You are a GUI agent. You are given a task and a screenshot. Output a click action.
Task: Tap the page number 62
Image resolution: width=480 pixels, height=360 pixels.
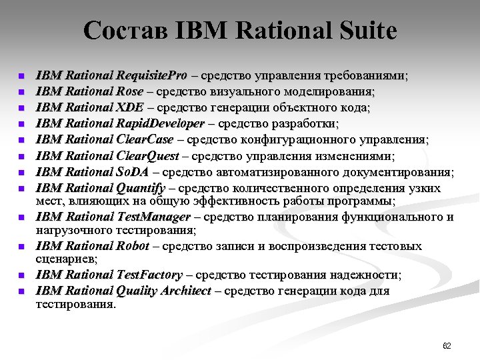tap(447, 346)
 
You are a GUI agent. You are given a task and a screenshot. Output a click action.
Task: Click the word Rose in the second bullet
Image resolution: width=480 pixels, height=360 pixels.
tap(129, 91)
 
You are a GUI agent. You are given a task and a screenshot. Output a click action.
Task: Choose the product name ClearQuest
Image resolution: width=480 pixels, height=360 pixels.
tap(147, 156)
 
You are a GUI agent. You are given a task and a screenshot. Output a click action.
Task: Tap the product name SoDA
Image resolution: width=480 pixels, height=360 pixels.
tap(132, 172)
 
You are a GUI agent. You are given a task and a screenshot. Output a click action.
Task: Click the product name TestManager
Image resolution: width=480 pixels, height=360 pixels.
tap(153, 217)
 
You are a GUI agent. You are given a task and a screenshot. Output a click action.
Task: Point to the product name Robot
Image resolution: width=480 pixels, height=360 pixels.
tap(133, 246)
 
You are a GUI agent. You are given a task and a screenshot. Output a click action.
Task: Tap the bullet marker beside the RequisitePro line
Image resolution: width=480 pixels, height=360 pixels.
tap(21, 76)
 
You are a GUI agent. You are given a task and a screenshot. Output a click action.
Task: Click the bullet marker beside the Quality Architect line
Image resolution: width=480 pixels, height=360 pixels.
tap(21, 291)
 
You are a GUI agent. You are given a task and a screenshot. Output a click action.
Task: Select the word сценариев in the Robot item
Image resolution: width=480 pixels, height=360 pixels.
tap(66, 259)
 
